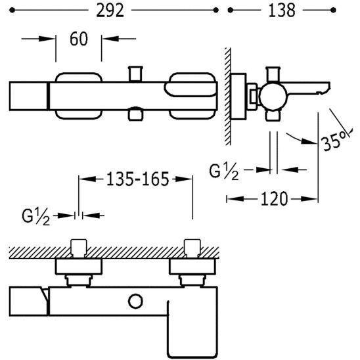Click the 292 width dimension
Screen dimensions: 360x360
[110, 11]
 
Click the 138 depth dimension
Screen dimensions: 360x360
[282, 11]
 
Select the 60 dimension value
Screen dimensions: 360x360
[79, 39]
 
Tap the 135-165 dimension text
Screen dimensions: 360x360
[138, 179]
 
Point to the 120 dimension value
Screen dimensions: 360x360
[274, 199]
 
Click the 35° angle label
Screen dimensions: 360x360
[334, 142]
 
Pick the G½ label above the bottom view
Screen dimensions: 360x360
[36, 217]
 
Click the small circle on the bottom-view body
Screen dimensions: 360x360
[135, 302]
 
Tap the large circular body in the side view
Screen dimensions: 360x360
[273, 96]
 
